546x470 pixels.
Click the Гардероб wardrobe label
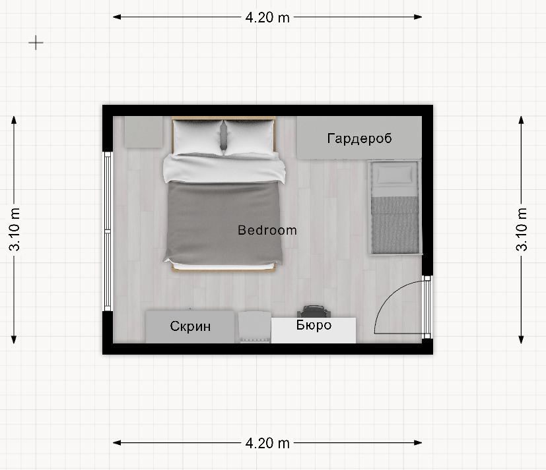point(359,138)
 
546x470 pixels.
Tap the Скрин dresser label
point(190,326)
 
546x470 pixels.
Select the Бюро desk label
point(314,325)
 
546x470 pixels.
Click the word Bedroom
point(267,230)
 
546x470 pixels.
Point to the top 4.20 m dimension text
point(267,17)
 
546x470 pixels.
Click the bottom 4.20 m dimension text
point(267,443)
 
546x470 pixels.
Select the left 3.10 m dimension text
point(15,229)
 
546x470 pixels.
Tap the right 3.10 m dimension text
point(522,229)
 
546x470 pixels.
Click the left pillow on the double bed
point(198,137)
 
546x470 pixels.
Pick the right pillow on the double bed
point(250,137)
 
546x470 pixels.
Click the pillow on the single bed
point(394,174)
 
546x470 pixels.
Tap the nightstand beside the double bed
point(143,132)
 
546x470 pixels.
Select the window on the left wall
point(108,231)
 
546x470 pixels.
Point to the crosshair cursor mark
point(36,43)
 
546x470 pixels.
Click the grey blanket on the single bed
point(395,225)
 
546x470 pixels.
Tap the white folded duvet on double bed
point(224,168)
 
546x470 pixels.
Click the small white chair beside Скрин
point(255,327)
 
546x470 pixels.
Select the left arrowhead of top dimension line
point(117,16)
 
